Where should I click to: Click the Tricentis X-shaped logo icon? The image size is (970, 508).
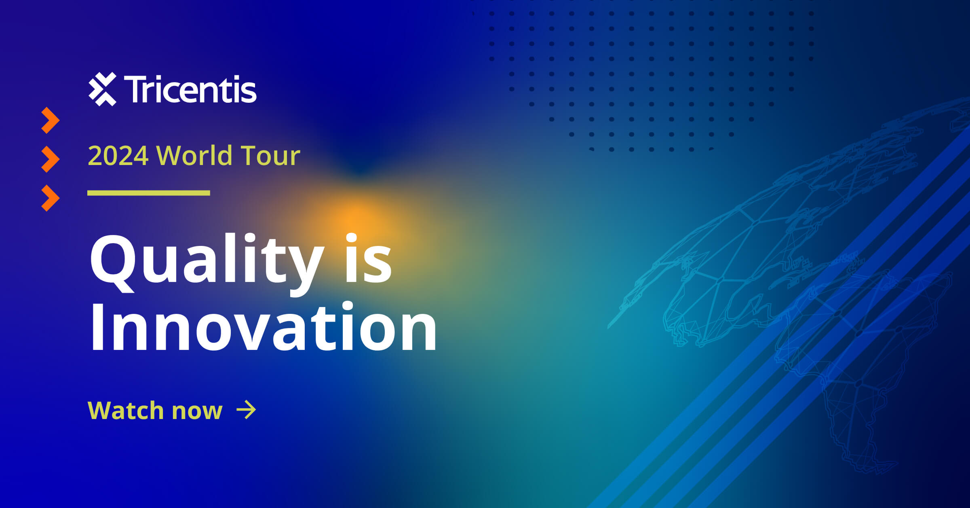pos(102,89)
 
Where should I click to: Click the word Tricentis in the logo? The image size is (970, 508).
pos(190,89)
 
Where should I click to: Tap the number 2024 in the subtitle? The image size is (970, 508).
pos(118,156)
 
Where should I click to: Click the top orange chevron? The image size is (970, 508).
pos(50,120)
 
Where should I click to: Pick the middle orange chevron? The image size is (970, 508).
pos(50,159)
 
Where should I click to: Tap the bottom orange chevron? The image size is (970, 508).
pos(50,198)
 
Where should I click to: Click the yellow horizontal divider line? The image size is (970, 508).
pos(148,193)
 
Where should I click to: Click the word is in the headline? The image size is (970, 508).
pos(368,259)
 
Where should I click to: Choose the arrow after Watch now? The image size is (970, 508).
pos(246,410)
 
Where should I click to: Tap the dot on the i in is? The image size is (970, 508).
pos(352,239)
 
